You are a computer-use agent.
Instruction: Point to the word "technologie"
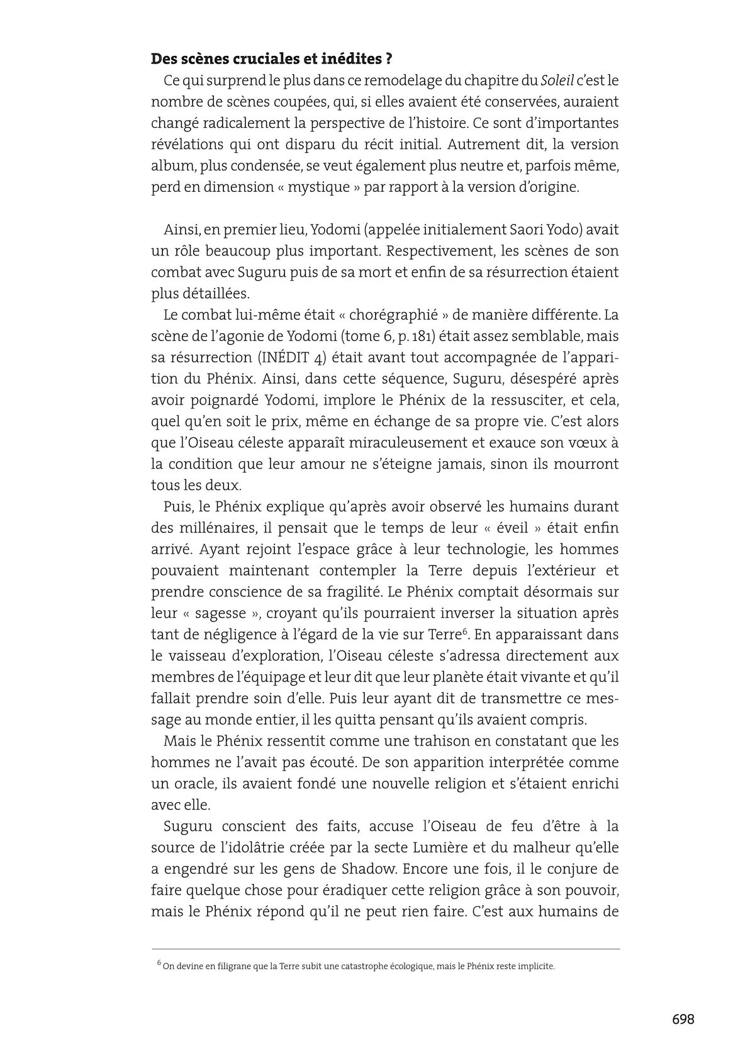tap(478, 549)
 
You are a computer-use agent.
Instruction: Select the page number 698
tap(683, 1019)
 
